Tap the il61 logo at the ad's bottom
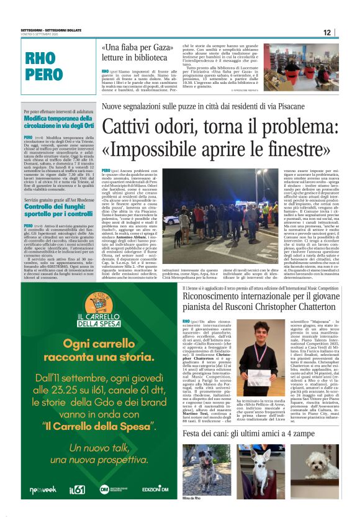[77, 489]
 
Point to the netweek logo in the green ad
[42, 490]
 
